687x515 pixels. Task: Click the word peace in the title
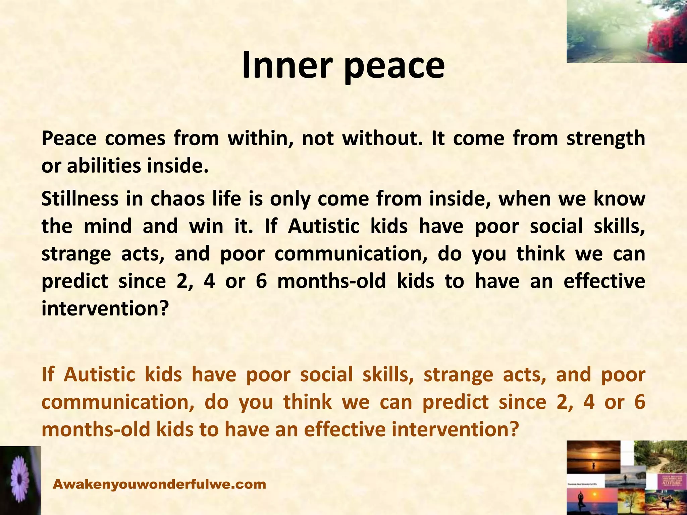(394, 67)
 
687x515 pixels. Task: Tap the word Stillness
(80, 199)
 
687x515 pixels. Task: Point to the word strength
(606, 139)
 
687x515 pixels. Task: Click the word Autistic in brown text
(99, 375)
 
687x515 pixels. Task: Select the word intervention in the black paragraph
(104, 308)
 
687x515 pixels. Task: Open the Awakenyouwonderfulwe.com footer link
(160, 484)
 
